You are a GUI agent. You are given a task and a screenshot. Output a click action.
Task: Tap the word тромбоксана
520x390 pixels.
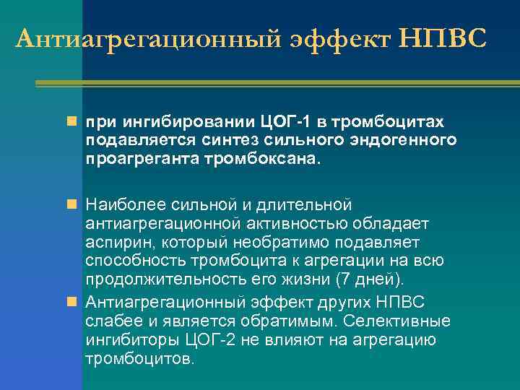(268, 157)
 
